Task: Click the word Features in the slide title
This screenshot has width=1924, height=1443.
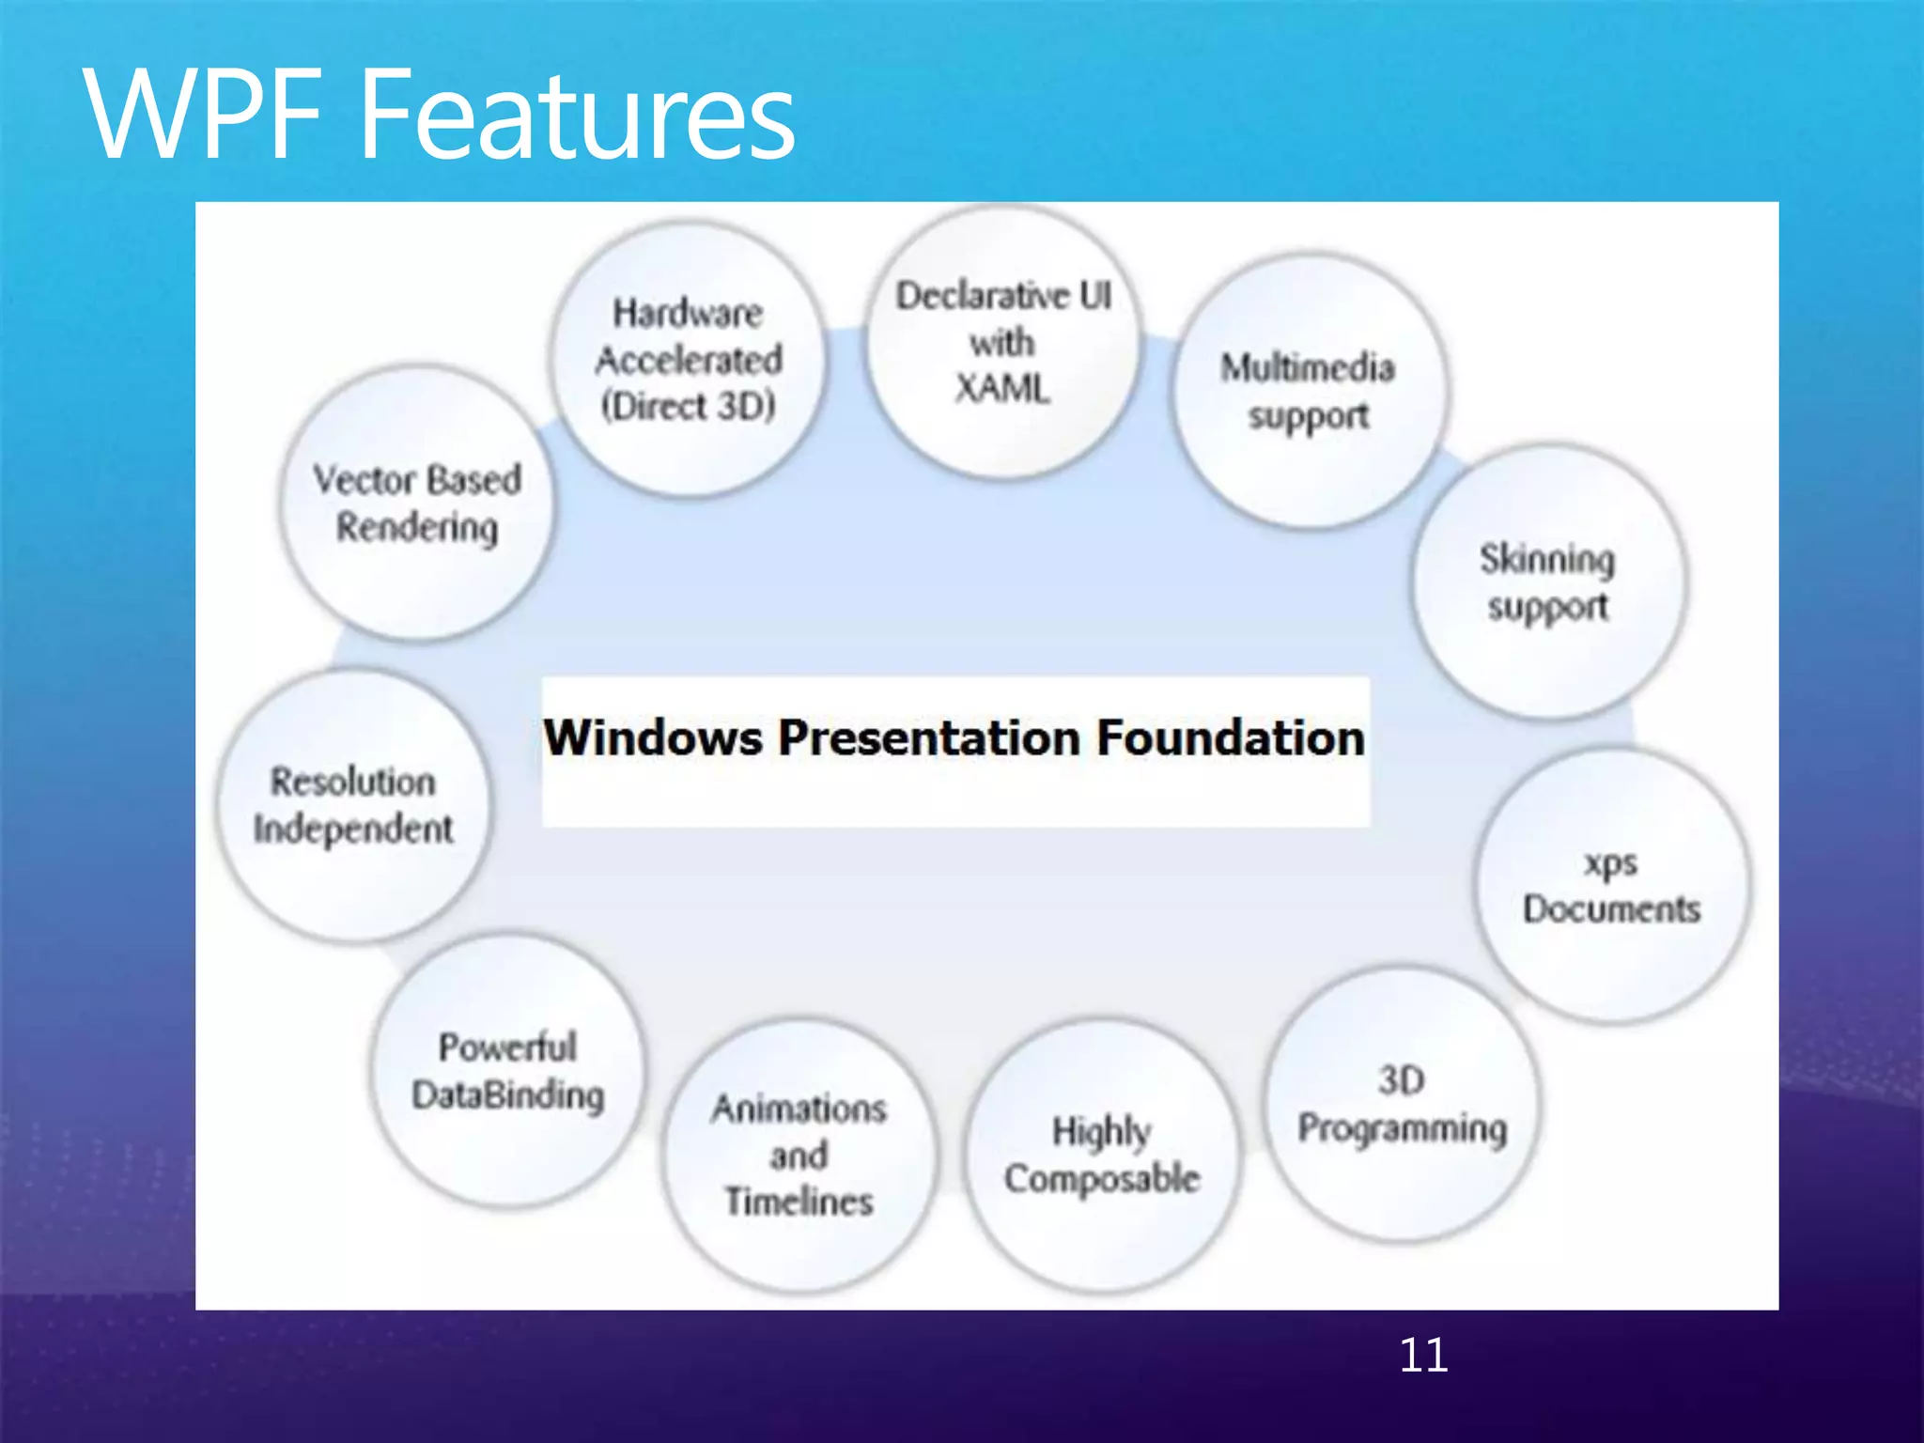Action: pyautogui.click(x=577, y=116)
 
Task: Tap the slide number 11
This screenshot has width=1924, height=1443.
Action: pyautogui.click(x=1422, y=1355)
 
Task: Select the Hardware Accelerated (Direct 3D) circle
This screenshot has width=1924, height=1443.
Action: pyautogui.click(x=688, y=359)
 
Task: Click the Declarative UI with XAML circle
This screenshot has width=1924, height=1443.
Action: pyautogui.click(x=1002, y=343)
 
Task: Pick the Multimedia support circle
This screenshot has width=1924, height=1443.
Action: pyautogui.click(x=1309, y=391)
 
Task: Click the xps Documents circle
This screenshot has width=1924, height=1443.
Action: pyautogui.click(x=1612, y=886)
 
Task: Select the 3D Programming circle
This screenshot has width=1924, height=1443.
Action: pyautogui.click(x=1402, y=1104)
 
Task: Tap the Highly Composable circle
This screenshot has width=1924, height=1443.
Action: pyautogui.click(x=1102, y=1156)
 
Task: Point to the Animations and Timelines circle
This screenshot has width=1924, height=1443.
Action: pyautogui.click(x=799, y=1156)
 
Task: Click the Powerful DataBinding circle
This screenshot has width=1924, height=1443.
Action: pyautogui.click(x=508, y=1071)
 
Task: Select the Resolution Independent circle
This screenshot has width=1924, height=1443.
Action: pyautogui.click(x=353, y=805)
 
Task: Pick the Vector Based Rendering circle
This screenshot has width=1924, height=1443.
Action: pyautogui.click(x=417, y=504)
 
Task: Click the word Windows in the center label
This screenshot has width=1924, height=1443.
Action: pyautogui.click(x=653, y=737)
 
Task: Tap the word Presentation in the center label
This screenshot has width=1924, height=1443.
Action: pyautogui.click(x=929, y=737)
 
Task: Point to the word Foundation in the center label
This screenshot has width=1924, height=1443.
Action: pyautogui.click(x=1231, y=737)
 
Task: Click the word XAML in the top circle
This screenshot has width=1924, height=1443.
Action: pyautogui.click(x=1002, y=388)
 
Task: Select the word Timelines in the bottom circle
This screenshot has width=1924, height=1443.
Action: pyautogui.click(x=799, y=1202)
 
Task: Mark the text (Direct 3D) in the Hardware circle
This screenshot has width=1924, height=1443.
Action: pyautogui.click(x=688, y=406)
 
